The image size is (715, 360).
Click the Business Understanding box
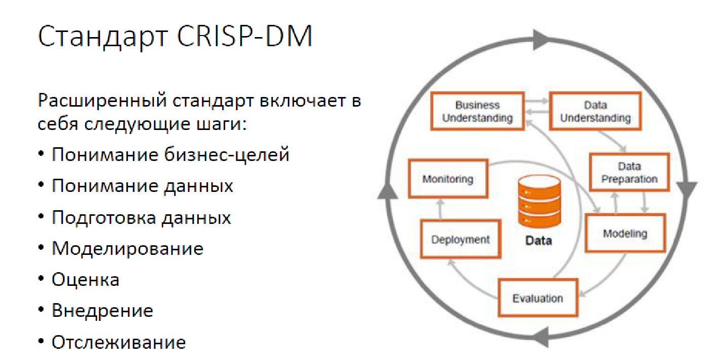pyautogui.click(x=477, y=112)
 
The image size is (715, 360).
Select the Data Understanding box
pyautogui.click(x=595, y=112)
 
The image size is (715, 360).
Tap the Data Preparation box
pyautogui.click(x=629, y=173)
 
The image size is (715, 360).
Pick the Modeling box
pyautogui.click(x=625, y=234)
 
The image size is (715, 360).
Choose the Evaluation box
pyautogui.click(x=537, y=298)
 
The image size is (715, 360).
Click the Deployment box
pyautogui.click(x=461, y=239)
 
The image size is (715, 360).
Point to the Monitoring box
pyautogui.click(x=448, y=179)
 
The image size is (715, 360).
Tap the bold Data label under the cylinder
pyautogui.click(x=538, y=241)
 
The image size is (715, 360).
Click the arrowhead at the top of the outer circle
pyautogui.click(x=540, y=39)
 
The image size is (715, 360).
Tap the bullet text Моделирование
pyautogui.click(x=127, y=249)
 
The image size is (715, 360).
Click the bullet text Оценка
pyautogui.click(x=85, y=280)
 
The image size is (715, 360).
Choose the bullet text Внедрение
pyautogui.click(x=102, y=311)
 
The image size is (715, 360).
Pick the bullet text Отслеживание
pyautogui.click(x=118, y=342)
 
